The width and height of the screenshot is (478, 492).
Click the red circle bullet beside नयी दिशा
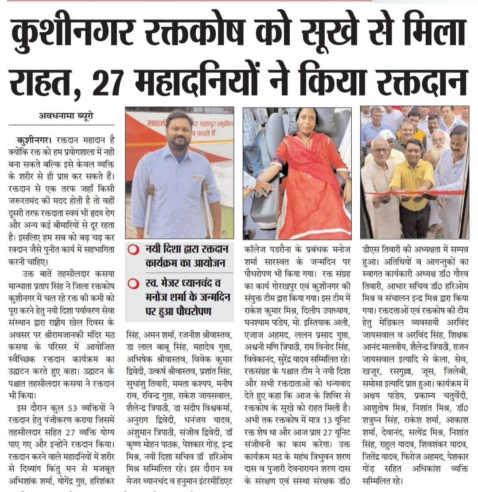[x=132, y=250]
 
